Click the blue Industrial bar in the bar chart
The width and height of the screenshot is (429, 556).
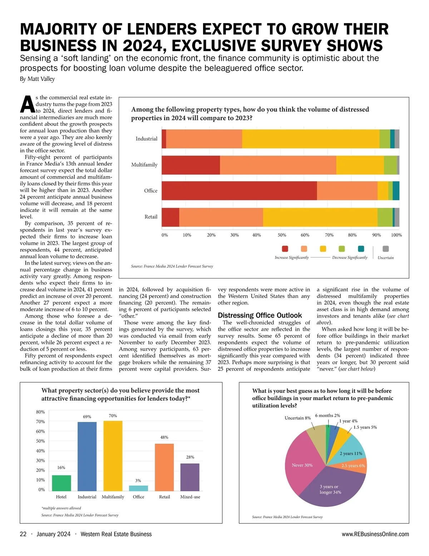click(x=87, y=456)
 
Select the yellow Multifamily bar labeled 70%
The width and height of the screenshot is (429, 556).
click(x=113, y=456)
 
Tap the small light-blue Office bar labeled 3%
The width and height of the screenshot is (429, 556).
click(x=138, y=488)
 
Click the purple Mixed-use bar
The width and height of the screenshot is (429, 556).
click(x=190, y=477)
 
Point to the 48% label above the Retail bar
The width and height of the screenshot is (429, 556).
click(x=164, y=437)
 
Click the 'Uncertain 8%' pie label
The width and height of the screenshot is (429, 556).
click(x=297, y=418)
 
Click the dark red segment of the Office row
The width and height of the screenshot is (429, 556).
click(x=239, y=191)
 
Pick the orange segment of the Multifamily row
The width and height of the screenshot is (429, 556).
click(x=278, y=165)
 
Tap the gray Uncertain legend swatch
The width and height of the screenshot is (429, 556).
click(x=385, y=249)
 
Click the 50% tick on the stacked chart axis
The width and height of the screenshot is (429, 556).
click(x=282, y=235)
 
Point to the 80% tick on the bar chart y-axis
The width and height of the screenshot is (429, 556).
click(x=40, y=412)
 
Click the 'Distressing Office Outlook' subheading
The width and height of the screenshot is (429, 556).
click(x=260, y=315)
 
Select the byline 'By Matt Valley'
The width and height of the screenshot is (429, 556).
click(x=37, y=79)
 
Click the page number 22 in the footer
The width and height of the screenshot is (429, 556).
click(x=23, y=534)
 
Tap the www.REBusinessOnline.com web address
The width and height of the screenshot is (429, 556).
click(x=375, y=534)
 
